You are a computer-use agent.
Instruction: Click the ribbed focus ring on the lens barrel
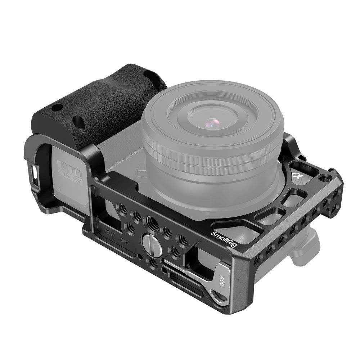212,158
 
